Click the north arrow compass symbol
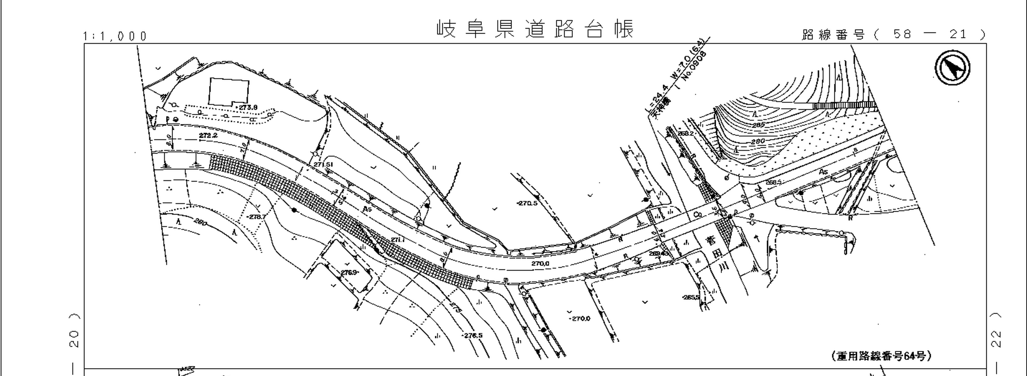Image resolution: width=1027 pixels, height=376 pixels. point(952,67)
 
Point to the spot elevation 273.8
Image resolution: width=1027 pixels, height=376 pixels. point(248,107)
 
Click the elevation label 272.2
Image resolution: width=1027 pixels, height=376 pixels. point(208,135)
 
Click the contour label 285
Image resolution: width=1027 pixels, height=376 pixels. point(758,125)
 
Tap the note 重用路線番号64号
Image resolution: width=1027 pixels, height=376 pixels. point(881,356)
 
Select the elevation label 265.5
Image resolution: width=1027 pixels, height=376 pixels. point(690,297)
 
